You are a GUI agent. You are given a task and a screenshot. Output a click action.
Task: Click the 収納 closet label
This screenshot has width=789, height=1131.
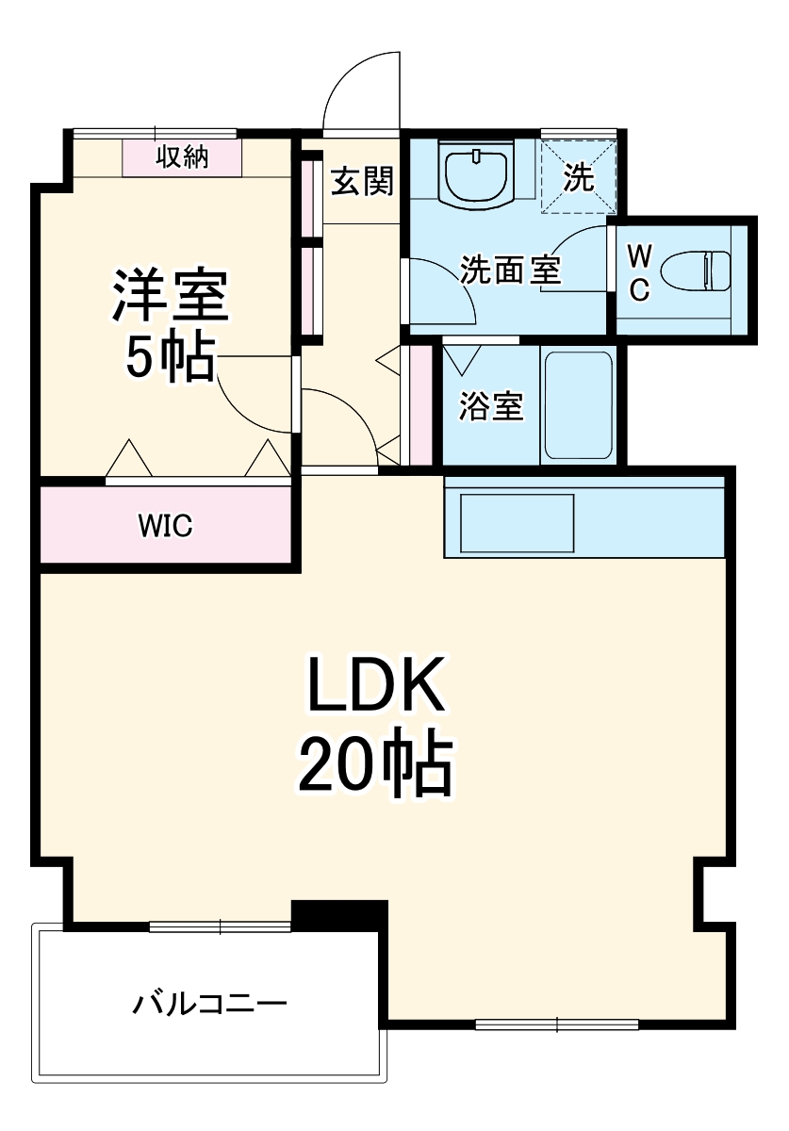click(181, 157)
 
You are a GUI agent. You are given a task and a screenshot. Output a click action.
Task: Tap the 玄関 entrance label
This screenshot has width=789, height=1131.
click(361, 181)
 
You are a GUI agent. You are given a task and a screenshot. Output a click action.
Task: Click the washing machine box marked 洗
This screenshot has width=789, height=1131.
click(578, 177)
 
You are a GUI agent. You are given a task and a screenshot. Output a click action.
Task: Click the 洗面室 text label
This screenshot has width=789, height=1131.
click(510, 271)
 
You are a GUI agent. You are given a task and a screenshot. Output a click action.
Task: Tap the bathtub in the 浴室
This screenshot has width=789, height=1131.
click(578, 405)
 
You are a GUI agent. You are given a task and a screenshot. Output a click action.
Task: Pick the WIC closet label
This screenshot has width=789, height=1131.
click(166, 526)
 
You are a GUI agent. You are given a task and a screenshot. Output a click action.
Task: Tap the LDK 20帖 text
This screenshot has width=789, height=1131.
click(374, 726)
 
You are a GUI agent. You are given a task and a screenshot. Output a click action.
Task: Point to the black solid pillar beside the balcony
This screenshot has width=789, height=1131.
click(339, 913)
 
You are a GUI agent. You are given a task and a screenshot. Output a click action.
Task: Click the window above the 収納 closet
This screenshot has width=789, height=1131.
click(156, 133)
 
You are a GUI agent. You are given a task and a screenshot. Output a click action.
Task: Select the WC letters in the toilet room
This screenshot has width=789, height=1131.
click(638, 273)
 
